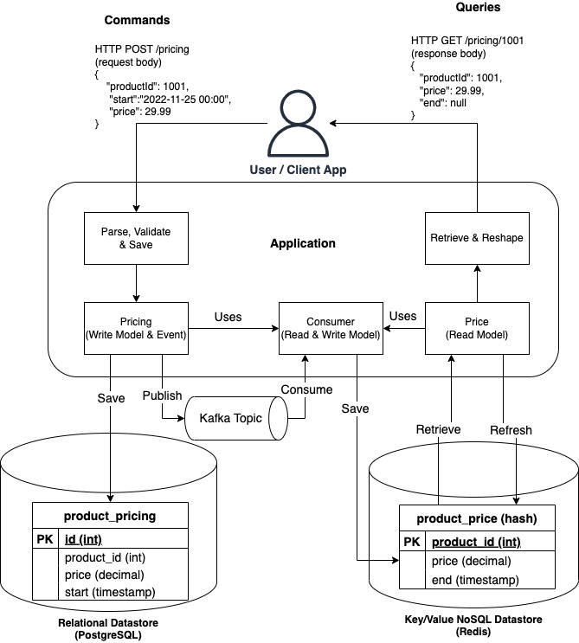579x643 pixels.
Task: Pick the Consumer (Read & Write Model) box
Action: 329,329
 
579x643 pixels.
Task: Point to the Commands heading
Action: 137,20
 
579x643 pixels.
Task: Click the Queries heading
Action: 478,7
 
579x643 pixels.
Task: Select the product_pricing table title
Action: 110,516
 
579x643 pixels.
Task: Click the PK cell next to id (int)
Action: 44,539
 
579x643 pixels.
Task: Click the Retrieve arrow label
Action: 438,430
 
